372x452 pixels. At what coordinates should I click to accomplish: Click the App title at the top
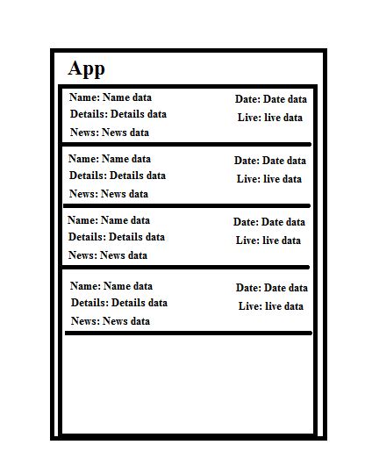click(86, 68)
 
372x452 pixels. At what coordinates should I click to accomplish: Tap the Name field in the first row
click(111, 97)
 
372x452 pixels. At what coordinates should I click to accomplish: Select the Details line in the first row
click(118, 114)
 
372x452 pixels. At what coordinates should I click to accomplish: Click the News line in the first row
click(110, 133)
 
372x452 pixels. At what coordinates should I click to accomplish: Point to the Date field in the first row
click(270, 99)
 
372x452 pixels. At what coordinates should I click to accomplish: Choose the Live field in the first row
click(270, 118)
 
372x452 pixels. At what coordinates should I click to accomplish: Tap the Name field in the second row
click(110, 159)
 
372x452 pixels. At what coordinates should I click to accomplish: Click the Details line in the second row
click(118, 176)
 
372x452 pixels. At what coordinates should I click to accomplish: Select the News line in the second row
click(109, 194)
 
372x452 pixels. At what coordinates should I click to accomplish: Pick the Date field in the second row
click(269, 161)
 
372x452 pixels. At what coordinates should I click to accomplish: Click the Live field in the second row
click(269, 179)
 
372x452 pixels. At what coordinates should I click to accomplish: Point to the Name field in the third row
click(109, 220)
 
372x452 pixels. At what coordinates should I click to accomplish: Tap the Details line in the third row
click(117, 237)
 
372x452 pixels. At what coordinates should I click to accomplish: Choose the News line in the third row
click(108, 255)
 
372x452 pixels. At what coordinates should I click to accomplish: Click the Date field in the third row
click(268, 222)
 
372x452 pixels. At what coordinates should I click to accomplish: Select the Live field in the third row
click(268, 240)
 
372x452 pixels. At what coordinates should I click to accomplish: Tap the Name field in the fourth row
click(111, 286)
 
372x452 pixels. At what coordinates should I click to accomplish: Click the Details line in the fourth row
click(119, 303)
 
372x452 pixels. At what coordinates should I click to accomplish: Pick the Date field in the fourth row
click(271, 288)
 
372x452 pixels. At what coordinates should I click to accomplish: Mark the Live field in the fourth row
click(271, 306)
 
